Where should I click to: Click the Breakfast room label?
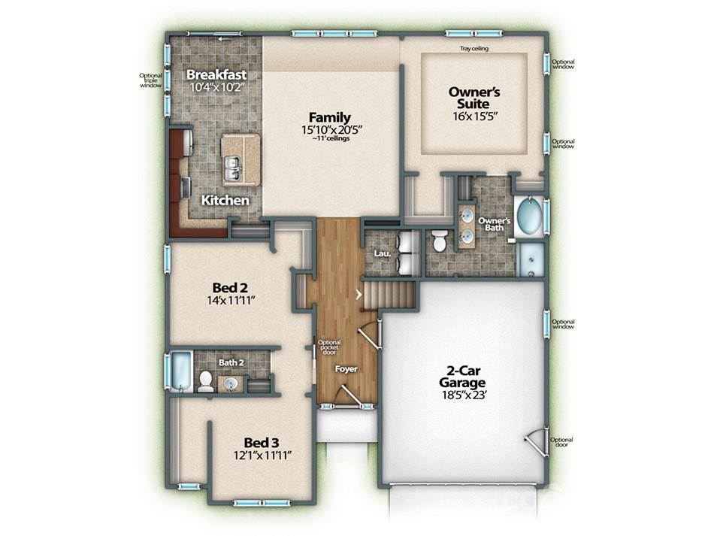[216, 75]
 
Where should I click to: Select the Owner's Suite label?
[469, 98]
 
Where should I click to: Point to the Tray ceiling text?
[475, 50]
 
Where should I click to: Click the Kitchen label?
[225, 201]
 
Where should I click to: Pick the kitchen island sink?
[232, 169]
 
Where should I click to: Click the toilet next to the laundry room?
[440, 241]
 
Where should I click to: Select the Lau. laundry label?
[380, 254]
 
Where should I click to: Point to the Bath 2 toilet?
[205, 381]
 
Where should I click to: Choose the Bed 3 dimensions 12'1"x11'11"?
[262, 455]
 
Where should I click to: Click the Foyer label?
[346, 369]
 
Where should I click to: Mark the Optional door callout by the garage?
[561, 444]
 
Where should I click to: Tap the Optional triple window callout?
[150, 80]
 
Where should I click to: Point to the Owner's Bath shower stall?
[532, 259]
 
